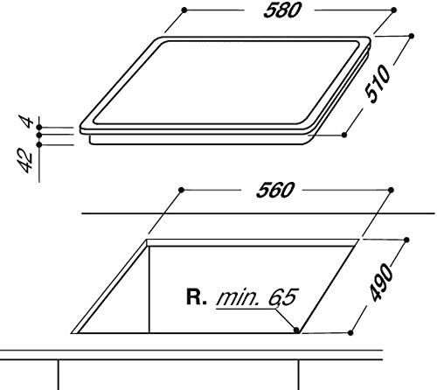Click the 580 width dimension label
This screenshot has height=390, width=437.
281,10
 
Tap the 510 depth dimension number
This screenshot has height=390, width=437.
378,84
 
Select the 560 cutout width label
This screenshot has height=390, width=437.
274,190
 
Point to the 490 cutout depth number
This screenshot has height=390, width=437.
381,282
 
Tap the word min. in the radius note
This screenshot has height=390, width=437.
238,297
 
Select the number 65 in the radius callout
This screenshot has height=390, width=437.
282,297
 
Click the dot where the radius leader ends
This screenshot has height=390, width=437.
296,330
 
